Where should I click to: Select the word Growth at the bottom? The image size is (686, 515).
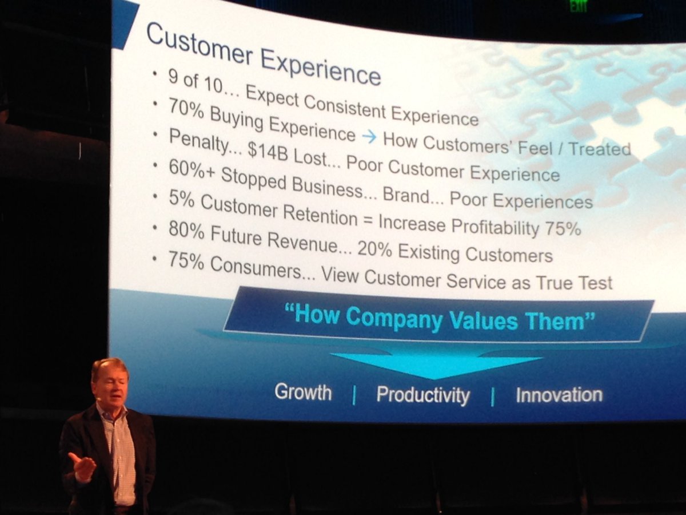point(303,393)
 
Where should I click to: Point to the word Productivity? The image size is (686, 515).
point(423,395)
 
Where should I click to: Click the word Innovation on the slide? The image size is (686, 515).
point(559,395)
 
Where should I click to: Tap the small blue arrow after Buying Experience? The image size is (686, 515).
point(369,136)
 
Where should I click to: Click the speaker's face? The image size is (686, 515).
point(111,389)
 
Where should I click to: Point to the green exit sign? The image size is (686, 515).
point(579,6)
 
